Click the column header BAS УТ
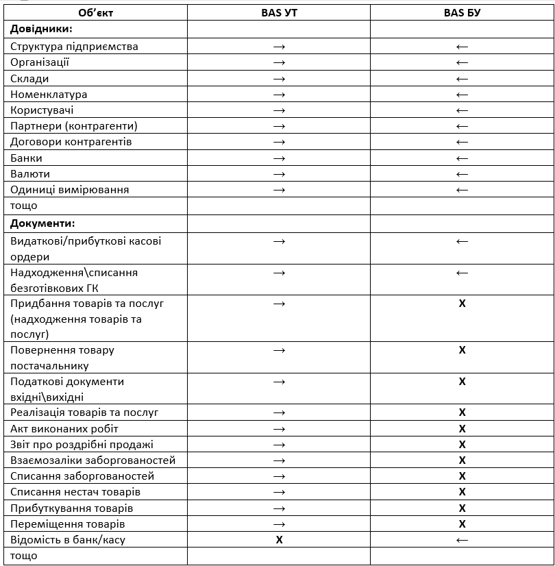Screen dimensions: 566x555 coord(279,12)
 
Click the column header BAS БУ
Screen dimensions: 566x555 coord(462,12)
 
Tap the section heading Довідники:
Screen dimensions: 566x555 coord(42,29)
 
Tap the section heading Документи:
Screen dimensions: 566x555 coord(42,223)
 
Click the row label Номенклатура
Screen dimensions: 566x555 coord(49,95)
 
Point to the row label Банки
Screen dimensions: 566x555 coord(26,158)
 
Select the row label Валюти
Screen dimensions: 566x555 coord(30,174)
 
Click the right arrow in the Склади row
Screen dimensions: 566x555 coord(279,79)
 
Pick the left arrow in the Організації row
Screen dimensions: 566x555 coord(462,63)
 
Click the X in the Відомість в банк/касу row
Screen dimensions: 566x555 coord(279,540)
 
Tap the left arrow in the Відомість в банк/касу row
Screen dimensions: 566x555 coord(462,540)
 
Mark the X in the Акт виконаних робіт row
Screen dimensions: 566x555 coord(462,429)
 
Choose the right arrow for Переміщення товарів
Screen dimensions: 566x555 coord(279,524)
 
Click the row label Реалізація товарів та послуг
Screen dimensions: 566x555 coord(84,413)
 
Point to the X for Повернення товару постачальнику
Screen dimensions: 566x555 coord(462,350)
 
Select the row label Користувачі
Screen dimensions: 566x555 coord(42,110)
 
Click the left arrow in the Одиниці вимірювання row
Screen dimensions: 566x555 coord(462,190)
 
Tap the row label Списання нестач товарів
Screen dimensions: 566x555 coord(75,492)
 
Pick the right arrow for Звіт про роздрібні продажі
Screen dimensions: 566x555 coord(279,445)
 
